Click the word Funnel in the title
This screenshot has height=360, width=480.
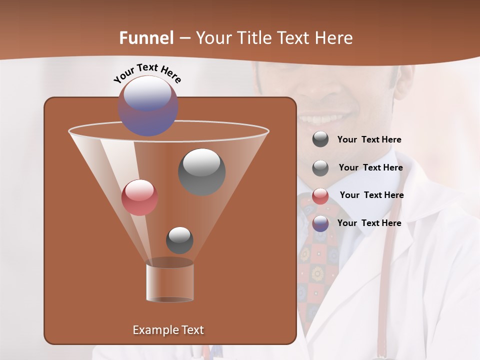pyautogui.click(x=146, y=38)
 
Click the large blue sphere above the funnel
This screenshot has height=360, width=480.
pyautogui.click(x=148, y=105)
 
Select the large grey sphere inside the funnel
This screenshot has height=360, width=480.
pyautogui.click(x=202, y=171)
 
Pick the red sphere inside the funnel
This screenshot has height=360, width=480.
pyautogui.click(x=140, y=197)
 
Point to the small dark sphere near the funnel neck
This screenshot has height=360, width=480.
pyautogui.click(x=179, y=240)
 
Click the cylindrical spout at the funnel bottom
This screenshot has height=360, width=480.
pyautogui.click(x=170, y=282)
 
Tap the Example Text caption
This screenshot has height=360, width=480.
pyautogui.click(x=168, y=330)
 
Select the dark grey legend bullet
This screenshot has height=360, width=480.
pyautogui.click(x=320, y=139)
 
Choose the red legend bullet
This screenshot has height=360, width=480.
pyautogui.click(x=320, y=196)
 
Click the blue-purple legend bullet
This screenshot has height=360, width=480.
pyautogui.click(x=320, y=223)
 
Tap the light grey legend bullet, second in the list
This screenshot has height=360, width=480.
pyautogui.click(x=320, y=168)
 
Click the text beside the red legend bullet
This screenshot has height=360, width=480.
pyautogui.click(x=371, y=195)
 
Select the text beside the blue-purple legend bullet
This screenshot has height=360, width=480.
pyautogui.click(x=369, y=223)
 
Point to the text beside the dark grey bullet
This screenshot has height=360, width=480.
pyautogui.click(x=369, y=139)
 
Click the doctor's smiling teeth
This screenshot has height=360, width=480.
pyautogui.click(x=320, y=119)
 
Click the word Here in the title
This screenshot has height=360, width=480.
pyautogui.click(x=334, y=38)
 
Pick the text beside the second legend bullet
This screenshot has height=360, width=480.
pyautogui.click(x=370, y=167)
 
